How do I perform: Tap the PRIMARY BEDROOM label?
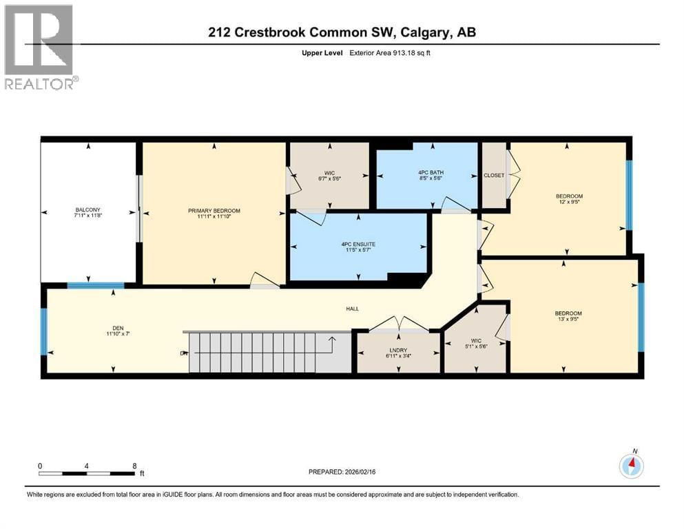tap(214, 211)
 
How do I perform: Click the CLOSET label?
tap(493, 175)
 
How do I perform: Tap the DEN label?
tap(114, 328)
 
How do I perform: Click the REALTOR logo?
tap(40, 47)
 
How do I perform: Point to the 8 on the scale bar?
tap(133, 466)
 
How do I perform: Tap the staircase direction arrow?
tap(331, 340)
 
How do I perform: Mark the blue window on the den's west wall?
tap(43, 331)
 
